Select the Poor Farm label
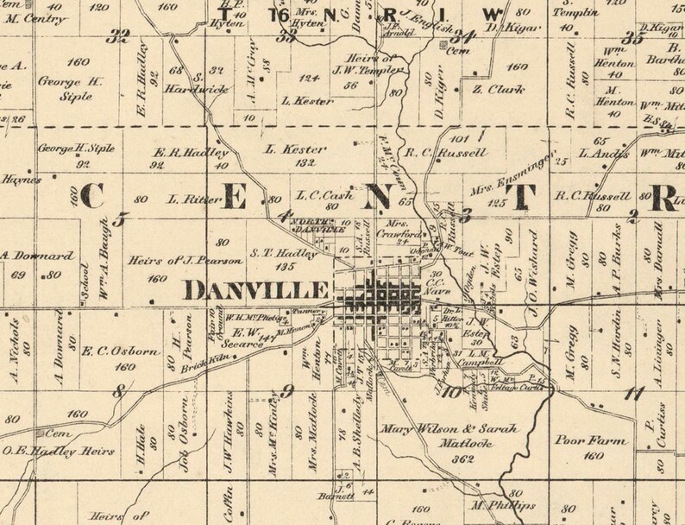coord(581,438)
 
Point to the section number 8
coord(119,392)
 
